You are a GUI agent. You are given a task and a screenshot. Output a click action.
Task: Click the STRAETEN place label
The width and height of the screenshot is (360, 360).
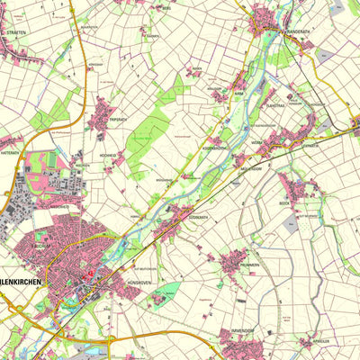(x=15, y=31)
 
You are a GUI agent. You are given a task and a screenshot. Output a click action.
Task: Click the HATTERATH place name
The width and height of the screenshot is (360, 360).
(x=10, y=152)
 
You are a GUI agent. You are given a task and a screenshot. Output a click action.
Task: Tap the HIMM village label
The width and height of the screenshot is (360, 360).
(x=239, y=93)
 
